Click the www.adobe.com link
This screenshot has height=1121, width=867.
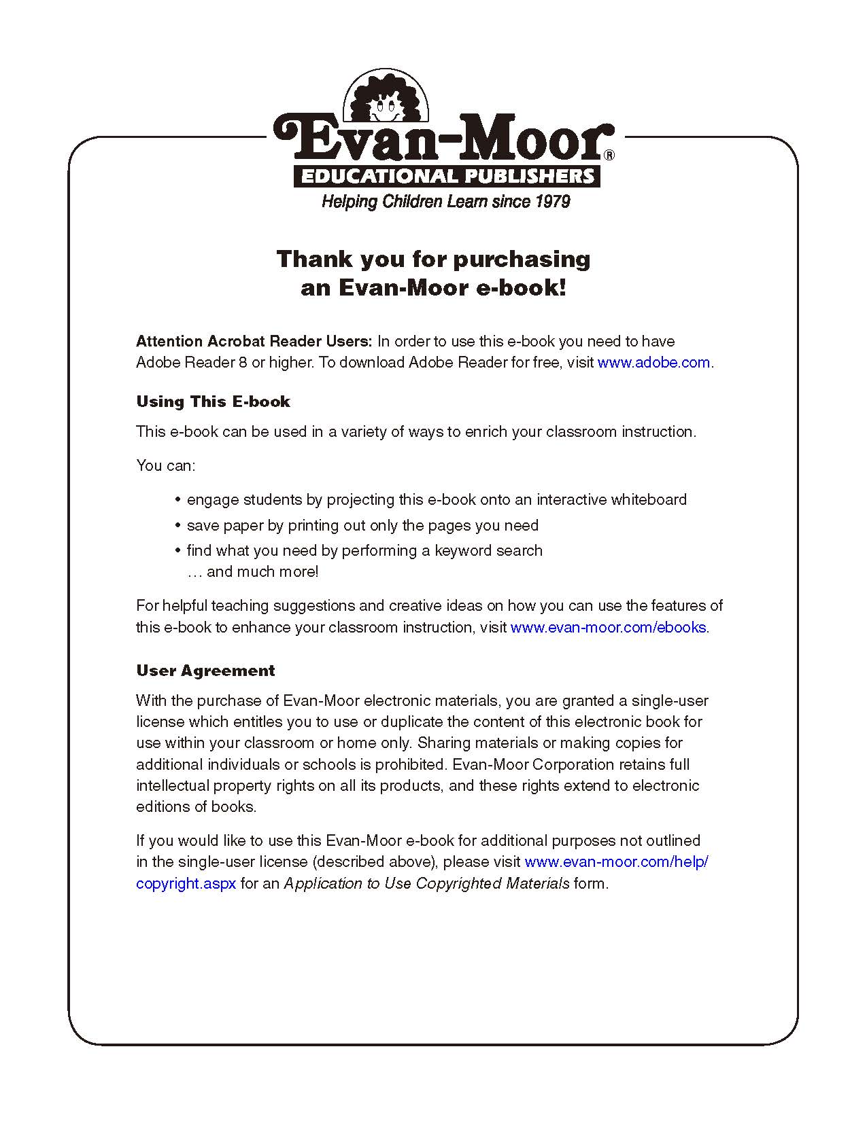click(x=653, y=363)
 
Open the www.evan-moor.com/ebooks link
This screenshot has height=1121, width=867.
click(x=608, y=628)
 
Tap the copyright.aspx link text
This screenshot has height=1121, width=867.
click(x=186, y=884)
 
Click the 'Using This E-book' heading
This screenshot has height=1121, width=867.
click(x=213, y=402)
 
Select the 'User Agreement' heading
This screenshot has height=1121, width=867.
click(x=205, y=671)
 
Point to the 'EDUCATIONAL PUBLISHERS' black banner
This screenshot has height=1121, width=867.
click(x=447, y=177)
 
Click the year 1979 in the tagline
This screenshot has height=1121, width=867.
click(x=552, y=202)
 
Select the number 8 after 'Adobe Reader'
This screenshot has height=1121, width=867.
click(x=243, y=363)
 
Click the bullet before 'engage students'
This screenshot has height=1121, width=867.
click(x=177, y=500)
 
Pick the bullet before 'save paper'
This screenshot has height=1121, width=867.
click(x=177, y=526)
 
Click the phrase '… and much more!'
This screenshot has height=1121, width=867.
click(x=252, y=572)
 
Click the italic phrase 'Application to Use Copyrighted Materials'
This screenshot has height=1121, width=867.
click(x=426, y=884)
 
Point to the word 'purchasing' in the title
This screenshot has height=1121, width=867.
click(x=522, y=260)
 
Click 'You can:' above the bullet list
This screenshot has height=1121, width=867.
click(x=165, y=466)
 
